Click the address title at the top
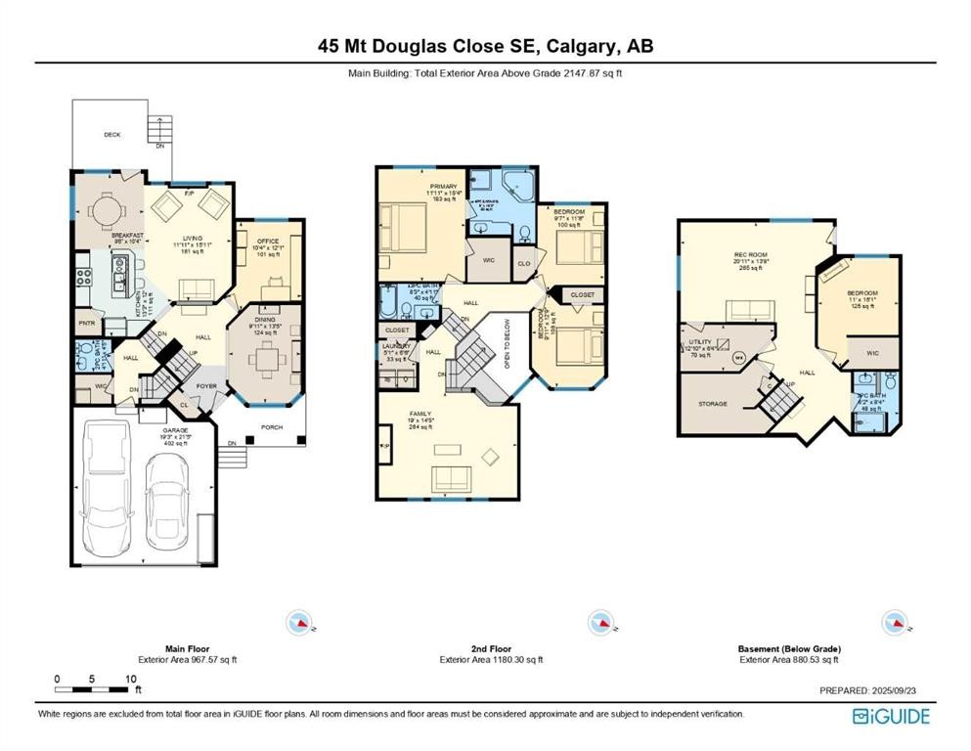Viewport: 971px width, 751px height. (x=485, y=45)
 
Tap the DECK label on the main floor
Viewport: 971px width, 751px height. (x=112, y=135)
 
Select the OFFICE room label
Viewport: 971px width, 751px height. (x=268, y=241)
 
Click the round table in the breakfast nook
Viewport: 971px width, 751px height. (x=104, y=207)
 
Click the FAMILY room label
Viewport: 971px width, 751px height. (x=419, y=414)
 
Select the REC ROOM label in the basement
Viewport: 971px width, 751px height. (x=751, y=255)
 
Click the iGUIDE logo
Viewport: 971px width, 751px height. (x=891, y=716)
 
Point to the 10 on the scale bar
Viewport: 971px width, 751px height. (x=128, y=679)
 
